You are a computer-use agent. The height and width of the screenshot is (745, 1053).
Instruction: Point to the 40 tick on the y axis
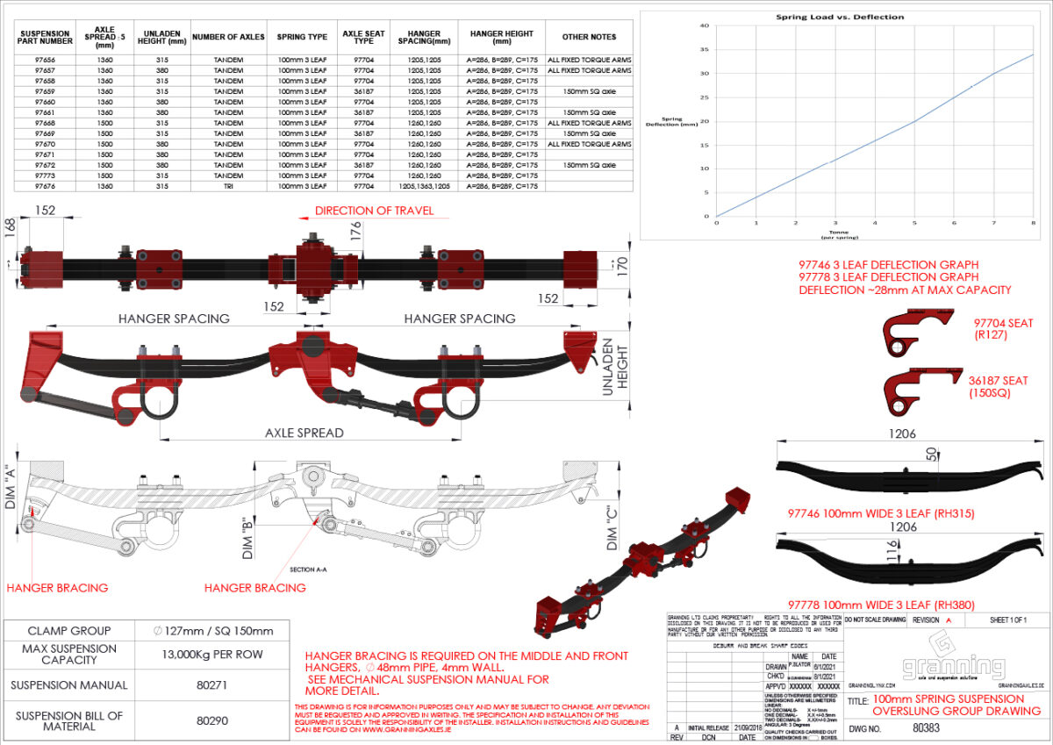point(704,25)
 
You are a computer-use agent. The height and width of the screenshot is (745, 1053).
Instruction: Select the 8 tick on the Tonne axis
point(1033,223)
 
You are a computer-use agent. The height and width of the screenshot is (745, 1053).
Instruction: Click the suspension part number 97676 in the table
point(46,186)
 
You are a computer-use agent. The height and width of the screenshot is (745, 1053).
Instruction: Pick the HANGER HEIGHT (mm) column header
point(501,37)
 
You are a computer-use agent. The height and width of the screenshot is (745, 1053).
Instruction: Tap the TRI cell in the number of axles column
point(228,186)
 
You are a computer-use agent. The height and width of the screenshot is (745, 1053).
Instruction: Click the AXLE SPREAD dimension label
point(304,433)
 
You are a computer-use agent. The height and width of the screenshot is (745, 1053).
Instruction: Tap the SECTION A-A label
point(307,569)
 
